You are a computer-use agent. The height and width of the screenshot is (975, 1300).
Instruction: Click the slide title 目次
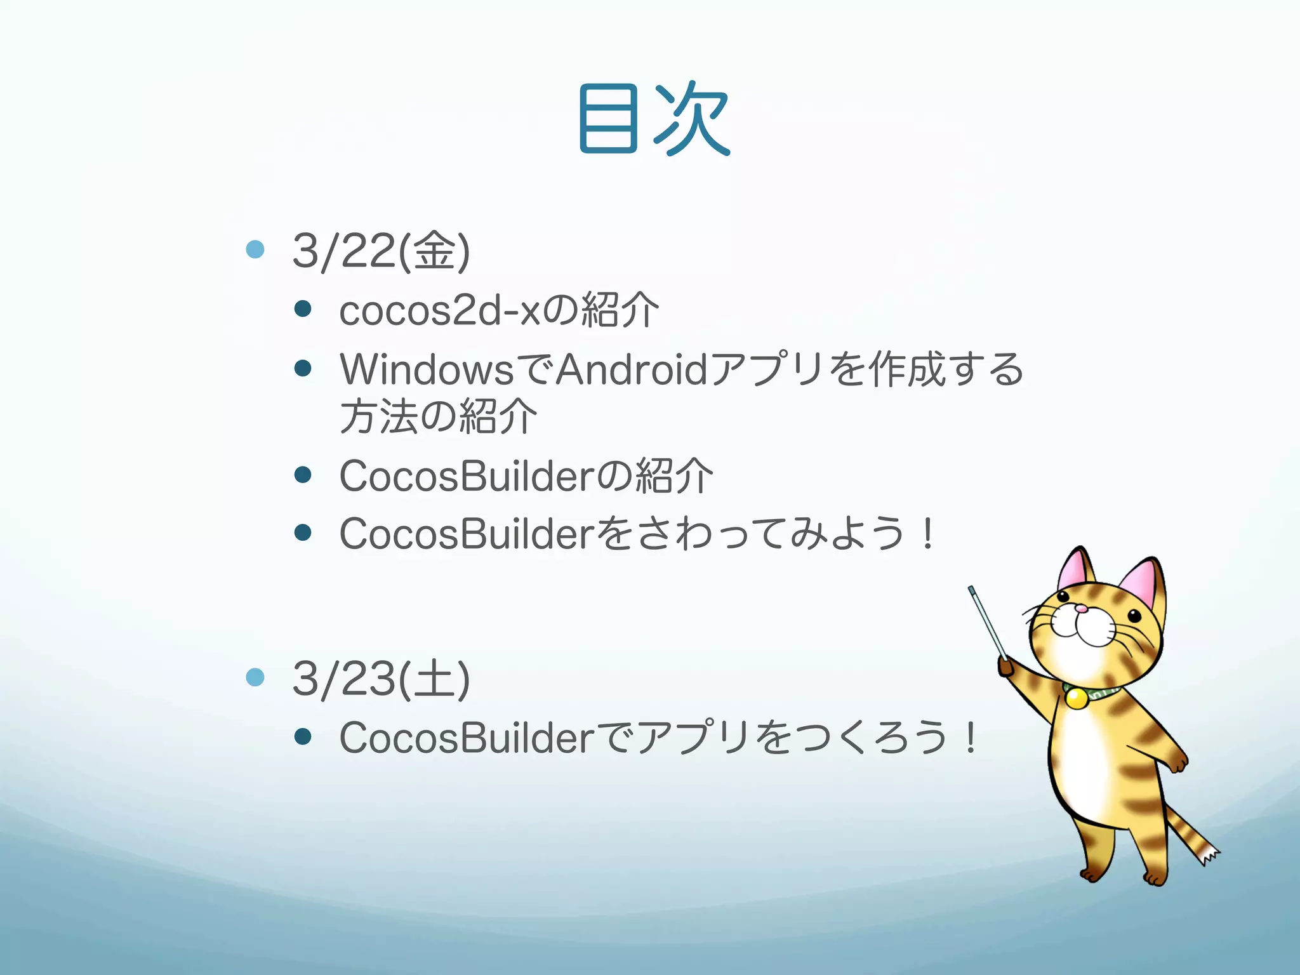654,119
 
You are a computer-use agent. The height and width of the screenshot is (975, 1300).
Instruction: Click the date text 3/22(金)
381,251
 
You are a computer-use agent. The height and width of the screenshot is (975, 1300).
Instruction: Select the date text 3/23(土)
381,679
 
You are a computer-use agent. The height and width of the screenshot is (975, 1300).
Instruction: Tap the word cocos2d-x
441,311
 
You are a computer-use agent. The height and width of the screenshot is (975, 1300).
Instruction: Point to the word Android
632,369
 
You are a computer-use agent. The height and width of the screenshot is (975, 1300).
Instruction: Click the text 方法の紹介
438,417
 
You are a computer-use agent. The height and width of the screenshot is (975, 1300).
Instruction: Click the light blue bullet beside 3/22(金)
255,249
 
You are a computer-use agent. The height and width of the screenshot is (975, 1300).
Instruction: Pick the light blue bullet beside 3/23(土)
255,677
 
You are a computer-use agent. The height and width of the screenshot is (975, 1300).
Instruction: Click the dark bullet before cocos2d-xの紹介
303,309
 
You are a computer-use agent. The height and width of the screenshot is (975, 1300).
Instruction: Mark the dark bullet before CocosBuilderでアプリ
303,736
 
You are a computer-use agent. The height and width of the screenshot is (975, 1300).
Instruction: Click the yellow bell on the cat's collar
1076,699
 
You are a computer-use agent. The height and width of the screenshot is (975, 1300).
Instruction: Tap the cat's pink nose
1081,609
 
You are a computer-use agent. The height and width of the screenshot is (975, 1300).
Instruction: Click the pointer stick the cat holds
987,622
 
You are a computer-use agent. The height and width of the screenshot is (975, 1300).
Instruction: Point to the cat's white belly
1085,762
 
